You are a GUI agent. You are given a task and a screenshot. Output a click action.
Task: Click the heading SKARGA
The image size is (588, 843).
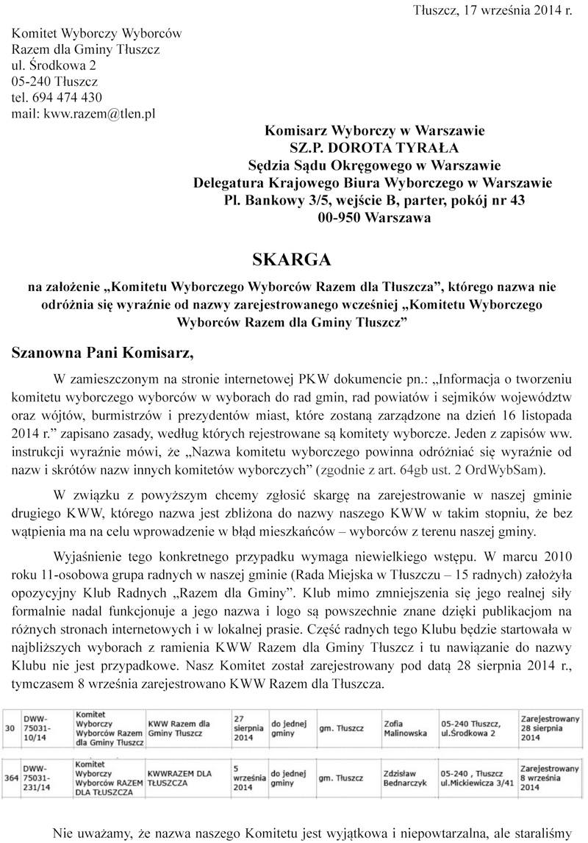[x=292, y=259]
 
